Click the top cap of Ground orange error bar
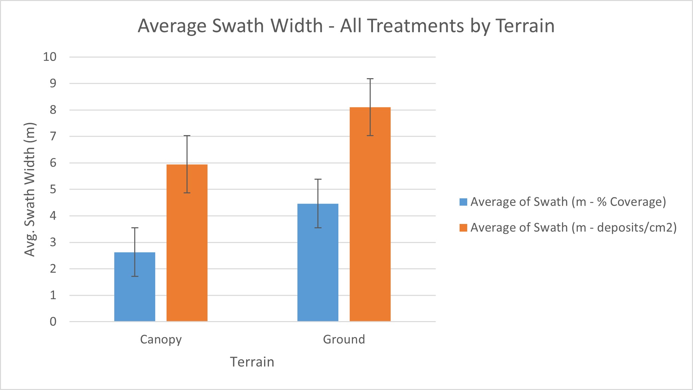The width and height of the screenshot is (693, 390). coord(370,79)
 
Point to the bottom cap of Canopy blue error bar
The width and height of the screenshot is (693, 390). coord(135,276)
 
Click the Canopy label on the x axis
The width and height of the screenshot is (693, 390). coord(161,339)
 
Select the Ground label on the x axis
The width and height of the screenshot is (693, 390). coord(344,339)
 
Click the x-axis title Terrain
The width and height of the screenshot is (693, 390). coord(252,362)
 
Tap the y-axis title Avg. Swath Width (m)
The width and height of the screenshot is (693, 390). coord(30,189)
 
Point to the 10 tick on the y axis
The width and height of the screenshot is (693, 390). coord(50,57)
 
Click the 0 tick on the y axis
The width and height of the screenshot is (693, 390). coord(53,321)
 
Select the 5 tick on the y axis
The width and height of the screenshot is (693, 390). coord(53,189)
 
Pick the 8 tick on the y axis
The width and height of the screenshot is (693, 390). coord(53,110)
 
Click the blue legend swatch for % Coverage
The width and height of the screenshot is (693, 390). coord(463,202)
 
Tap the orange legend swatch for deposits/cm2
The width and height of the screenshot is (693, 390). coord(463,228)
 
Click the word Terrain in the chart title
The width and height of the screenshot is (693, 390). coord(525,26)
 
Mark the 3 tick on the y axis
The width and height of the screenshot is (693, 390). coord(53,242)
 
